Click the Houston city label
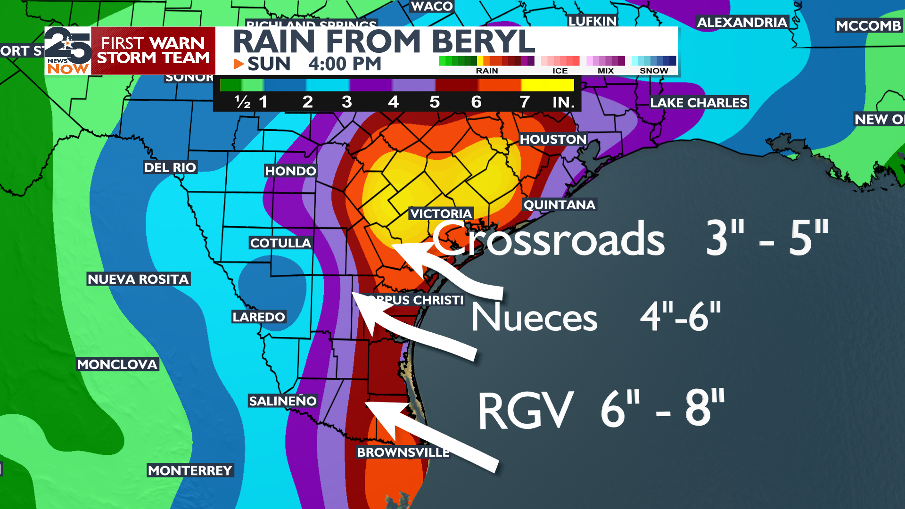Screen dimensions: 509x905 553,140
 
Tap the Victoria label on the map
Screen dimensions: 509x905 441,214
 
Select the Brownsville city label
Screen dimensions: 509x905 403,452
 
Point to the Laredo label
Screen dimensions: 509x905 259,317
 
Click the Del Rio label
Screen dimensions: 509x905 170,168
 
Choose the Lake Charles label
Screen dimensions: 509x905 699,103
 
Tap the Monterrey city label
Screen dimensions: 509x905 190,471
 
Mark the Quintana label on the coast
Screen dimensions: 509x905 559,205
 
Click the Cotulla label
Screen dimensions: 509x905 280,243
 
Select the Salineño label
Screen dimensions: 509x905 283,401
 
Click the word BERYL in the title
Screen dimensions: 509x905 483,42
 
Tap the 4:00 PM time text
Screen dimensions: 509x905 345,64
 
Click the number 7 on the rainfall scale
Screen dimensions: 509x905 524,102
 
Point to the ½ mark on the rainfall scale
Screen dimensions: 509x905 242,102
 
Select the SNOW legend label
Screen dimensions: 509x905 654,71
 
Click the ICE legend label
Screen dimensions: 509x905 560,71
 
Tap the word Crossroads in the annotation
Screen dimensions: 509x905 548,239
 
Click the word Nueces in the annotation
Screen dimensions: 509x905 535,317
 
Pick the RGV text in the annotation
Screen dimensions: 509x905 526,410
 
